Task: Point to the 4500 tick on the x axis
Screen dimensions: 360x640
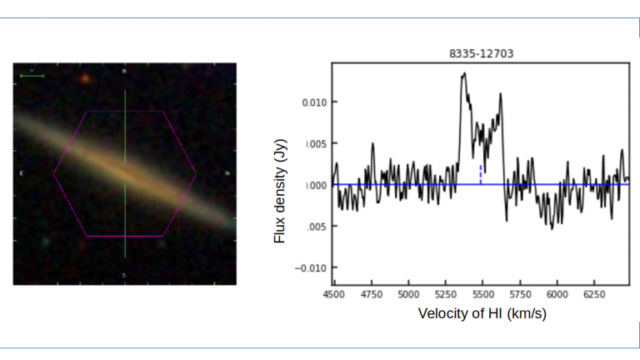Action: click(333, 294)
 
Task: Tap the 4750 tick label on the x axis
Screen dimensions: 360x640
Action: click(371, 294)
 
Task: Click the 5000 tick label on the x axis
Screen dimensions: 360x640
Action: click(408, 294)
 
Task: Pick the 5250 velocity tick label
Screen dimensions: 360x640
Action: click(445, 294)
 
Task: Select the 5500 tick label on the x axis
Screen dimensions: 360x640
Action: click(482, 294)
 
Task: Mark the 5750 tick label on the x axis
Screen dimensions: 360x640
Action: click(520, 294)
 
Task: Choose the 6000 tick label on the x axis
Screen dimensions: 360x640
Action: click(557, 294)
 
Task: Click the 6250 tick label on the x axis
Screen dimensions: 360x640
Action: click(594, 294)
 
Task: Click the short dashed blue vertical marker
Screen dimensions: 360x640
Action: click(481, 174)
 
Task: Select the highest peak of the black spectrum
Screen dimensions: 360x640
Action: click(463, 73)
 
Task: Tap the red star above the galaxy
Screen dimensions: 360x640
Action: click(84, 78)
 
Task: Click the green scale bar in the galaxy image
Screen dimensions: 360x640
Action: click(32, 76)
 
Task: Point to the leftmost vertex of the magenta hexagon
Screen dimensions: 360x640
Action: click(54, 173)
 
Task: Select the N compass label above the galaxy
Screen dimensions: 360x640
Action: click(125, 72)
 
